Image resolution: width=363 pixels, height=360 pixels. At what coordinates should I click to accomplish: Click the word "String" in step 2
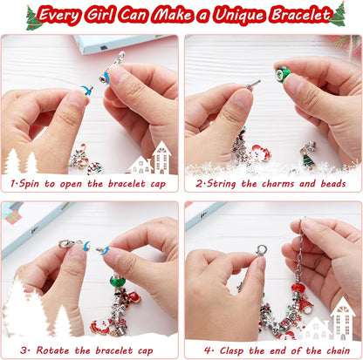223,185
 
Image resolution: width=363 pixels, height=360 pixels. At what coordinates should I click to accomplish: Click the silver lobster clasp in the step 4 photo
260,250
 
